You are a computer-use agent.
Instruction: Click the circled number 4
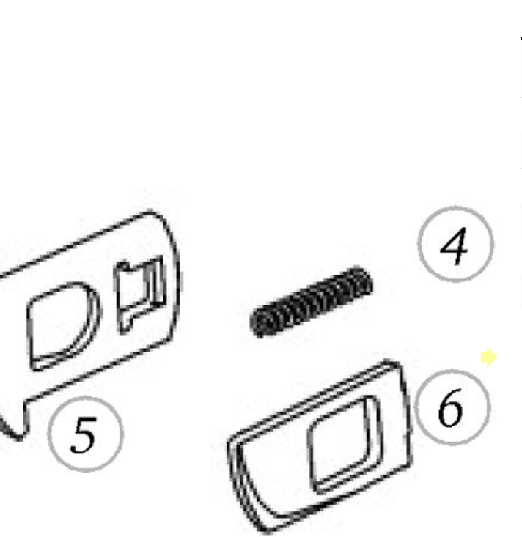(455, 244)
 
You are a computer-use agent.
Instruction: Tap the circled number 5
(85, 434)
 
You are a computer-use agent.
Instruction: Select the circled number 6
(452, 407)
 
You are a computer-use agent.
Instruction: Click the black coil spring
(312, 302)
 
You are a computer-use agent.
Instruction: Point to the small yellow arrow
(489, 357)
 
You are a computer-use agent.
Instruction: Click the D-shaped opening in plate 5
(63, 326)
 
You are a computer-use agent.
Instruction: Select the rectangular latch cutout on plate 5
(140, 294)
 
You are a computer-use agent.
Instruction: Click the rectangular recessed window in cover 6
(344, 444)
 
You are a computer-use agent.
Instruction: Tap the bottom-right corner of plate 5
(172, 339)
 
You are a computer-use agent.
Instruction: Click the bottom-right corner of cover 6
(410, 465)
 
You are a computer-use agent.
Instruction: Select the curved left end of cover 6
(240, 486)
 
